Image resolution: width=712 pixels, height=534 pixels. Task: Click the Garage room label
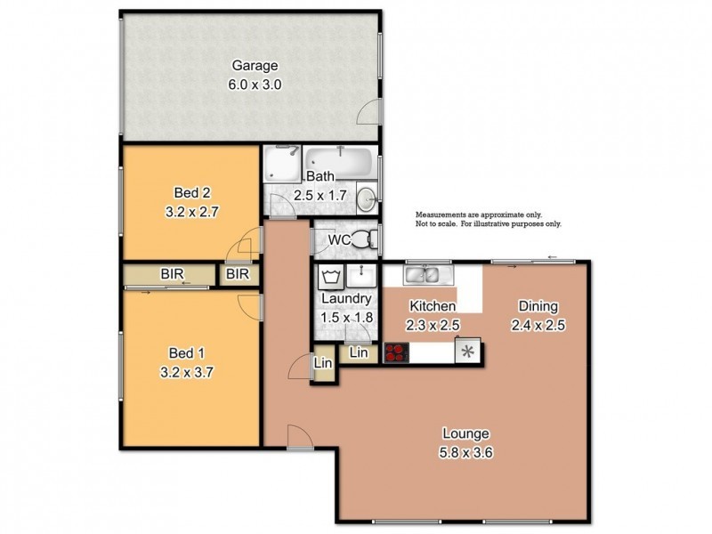click(255, 66)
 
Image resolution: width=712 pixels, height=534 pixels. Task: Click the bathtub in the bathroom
click(338, 162)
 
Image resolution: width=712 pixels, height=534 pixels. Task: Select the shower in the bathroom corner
click(281, 166)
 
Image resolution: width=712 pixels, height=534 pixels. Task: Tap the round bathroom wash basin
click(366, 198)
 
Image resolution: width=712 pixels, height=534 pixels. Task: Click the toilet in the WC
click(361, 239)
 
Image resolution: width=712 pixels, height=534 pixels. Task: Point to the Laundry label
click(340, 300)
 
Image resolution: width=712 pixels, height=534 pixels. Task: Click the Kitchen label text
click(433, 307)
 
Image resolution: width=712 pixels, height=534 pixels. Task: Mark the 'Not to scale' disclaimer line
click(488, 224)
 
